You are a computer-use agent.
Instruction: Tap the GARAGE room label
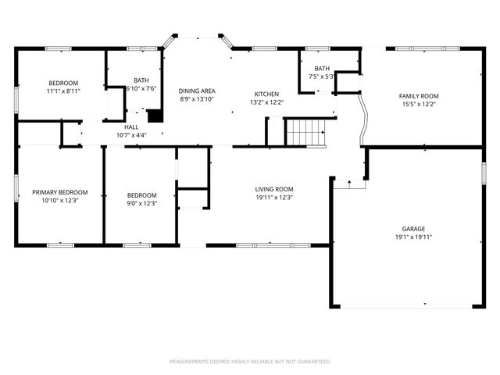click(413, 229)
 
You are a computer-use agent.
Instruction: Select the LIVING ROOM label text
click(273, 189)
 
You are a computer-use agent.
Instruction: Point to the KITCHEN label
click(265, 94)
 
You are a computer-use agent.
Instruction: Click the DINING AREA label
click(197, 91)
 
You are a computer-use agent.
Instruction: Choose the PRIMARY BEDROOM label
click(59, 192)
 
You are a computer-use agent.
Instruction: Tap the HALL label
click(131, 127)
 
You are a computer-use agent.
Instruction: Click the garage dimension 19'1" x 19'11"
click(413, 237)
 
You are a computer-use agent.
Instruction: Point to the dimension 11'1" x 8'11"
click(63, 91)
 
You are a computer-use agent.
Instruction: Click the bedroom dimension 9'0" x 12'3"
click(142, 203)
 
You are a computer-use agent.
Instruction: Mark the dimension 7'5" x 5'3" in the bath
click(322, 77)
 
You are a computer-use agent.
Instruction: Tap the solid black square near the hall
click(155, 115)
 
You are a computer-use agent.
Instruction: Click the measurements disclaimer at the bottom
click(250, 362)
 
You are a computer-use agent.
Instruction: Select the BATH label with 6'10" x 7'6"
click(141, 80)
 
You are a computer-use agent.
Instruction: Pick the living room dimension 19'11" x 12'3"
click(273, 197)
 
